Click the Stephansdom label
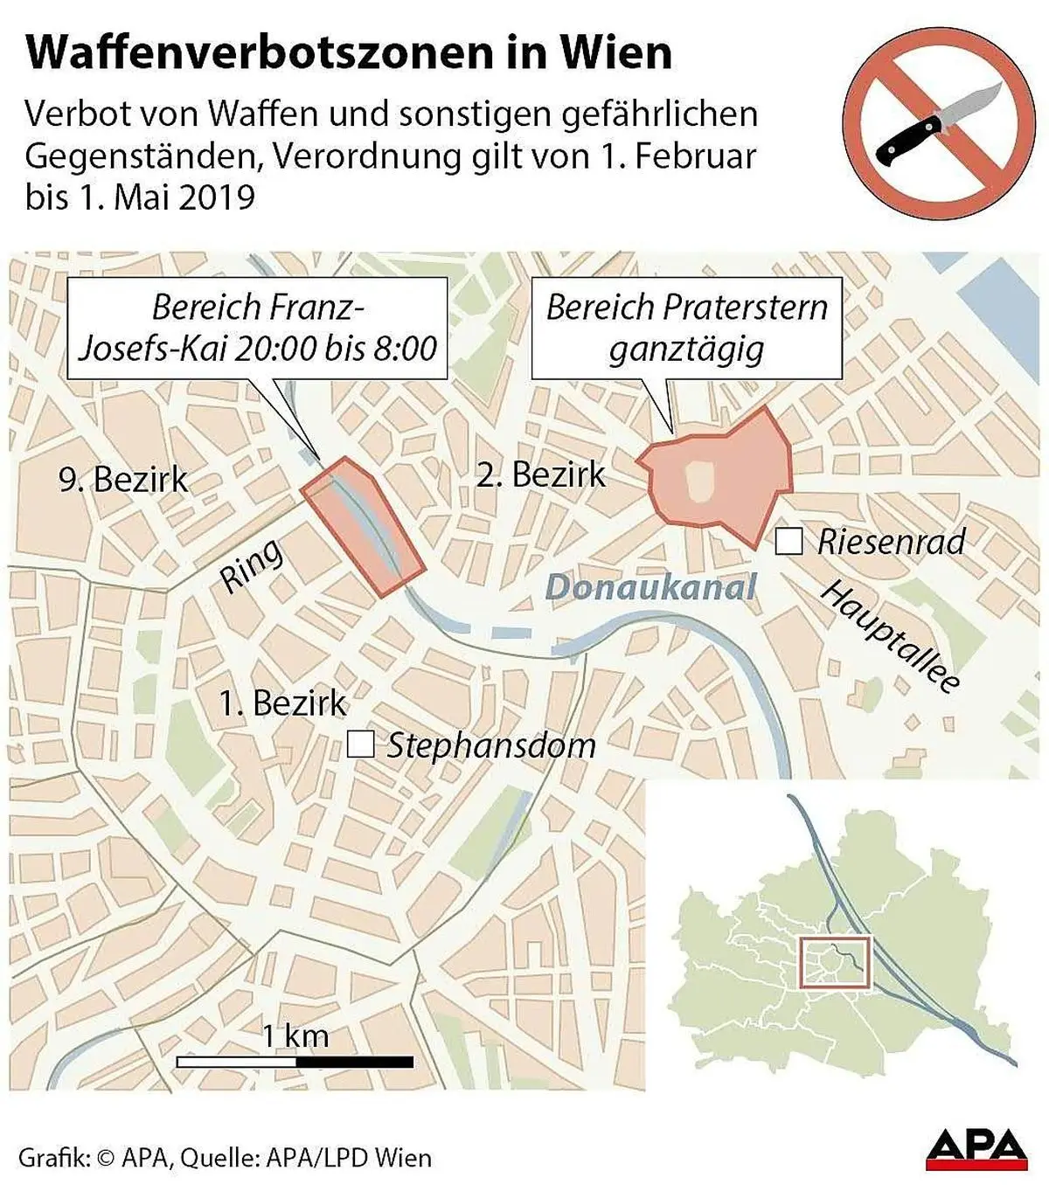(x=491, y=745)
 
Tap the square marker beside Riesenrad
(x=788, y=542)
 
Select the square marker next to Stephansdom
(x=360, y=744)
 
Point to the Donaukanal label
(x=650, y=587)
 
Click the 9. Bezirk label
(x=123, y=479)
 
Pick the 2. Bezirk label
(x=540, y=474)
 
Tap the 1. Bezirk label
(x=282, y=703)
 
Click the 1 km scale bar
(x=295, y=1062)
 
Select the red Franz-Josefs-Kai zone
(x=364, y=525)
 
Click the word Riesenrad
(x=891, y=543)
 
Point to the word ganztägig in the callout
(x=686, y=350)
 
